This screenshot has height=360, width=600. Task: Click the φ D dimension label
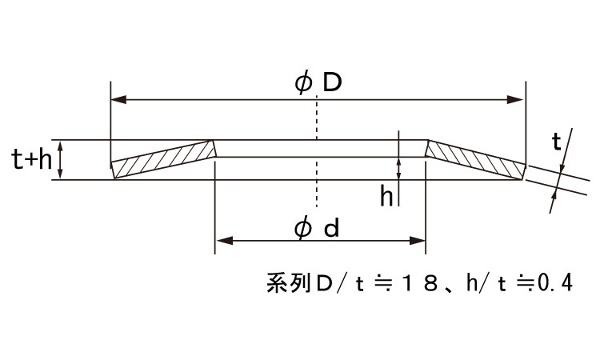click(x=318, y=83)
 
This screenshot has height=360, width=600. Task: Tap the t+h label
click(x=32, y=159)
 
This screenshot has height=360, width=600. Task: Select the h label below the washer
click(x=386, y=196)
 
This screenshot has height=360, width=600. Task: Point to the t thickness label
click(x=556, y=142)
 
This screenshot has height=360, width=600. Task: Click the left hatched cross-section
click(x=163, y=159)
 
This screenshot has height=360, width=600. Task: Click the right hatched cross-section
click(x=475, y=159)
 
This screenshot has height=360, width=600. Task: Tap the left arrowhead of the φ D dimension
click(x=118, y=100)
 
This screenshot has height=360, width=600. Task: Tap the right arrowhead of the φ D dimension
click(x=514, y=100)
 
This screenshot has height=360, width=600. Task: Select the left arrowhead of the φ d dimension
click(x=225, y=241)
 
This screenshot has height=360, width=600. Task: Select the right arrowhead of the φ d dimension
click(x=417, y=241)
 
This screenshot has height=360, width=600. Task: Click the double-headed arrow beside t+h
click(x=60, y=159)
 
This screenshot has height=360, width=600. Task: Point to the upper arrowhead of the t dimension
click(x=562, y=168)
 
